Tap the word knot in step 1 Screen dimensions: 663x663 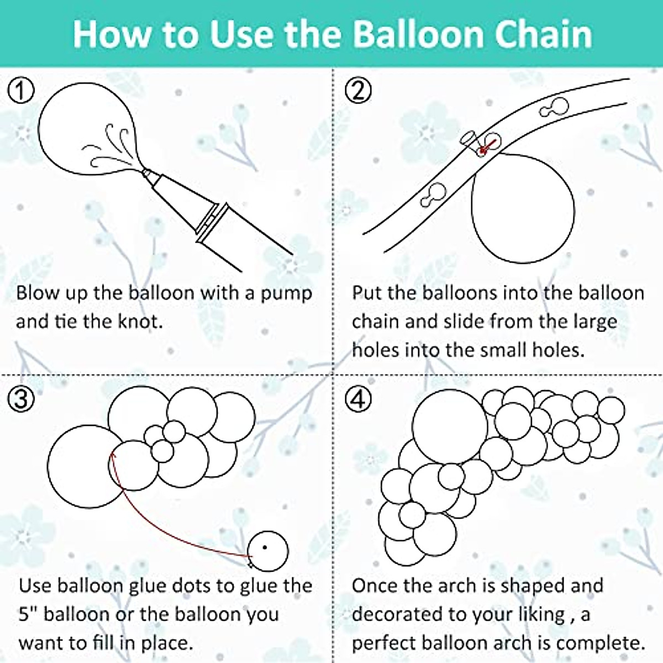point(139,321)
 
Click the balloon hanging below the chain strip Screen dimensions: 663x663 point(522,210)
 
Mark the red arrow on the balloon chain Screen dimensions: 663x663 point(485,147)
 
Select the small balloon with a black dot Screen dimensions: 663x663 point(267,549)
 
